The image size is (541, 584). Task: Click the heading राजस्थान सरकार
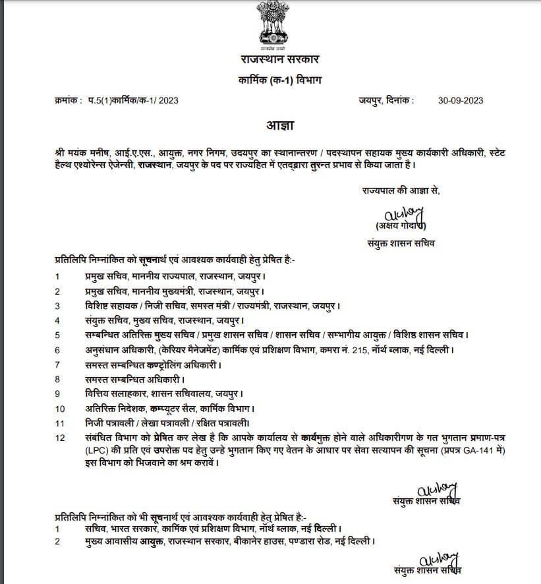(x=270, y=60)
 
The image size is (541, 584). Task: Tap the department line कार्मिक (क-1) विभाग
(x=270, y=80)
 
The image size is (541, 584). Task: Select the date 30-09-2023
(x=461, y=100)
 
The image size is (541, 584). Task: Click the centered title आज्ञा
(x=270, y=125)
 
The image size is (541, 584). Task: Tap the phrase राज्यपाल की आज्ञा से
(x=401, y=190)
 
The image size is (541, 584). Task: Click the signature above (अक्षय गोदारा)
(x=403, y=214)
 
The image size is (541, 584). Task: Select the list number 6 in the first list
(x=58, y=350)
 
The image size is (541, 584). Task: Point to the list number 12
(x=60, y=438)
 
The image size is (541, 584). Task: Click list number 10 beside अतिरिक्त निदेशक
(x=60, y=409)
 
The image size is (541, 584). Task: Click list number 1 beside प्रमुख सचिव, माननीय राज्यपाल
(x=58, y=277)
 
